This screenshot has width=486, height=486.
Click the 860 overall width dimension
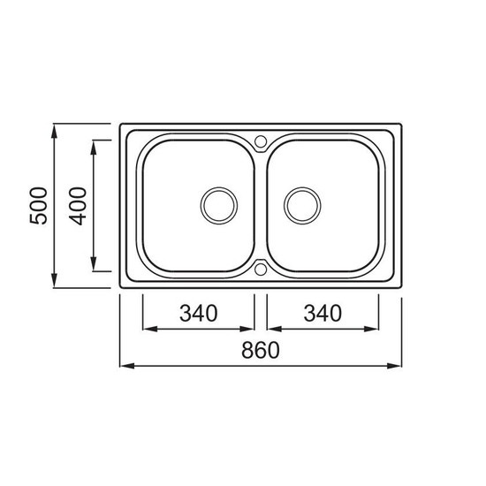(261, 350)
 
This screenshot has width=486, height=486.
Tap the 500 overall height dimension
(38, 206)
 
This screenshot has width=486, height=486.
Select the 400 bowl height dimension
(78, 206)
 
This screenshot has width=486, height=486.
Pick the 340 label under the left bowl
(198, 313)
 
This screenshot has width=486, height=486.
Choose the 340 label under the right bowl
(323, 313)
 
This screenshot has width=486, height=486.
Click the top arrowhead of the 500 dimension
(54, 131)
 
